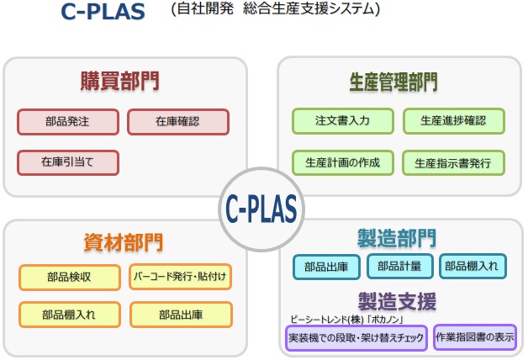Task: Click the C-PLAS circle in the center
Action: [x=261, y=209]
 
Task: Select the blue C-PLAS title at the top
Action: [x=103, y=12]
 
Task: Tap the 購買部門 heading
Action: [x=120, y=81]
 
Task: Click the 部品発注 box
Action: [x=68, y=122]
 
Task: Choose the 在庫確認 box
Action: [x=178, y=122]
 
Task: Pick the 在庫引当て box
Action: [x=68, y=162]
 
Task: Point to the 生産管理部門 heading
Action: [x=393, y=82]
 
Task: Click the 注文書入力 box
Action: [x=343, y=121]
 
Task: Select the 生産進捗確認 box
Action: [x=453, y=121]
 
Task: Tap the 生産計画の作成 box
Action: [x=343, y=163]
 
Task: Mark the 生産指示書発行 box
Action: [x=453, y=163]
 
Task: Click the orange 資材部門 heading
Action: [x=124, y=242]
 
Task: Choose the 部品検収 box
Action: [x=70, y=278]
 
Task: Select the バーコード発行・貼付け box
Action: [x=180, y=277]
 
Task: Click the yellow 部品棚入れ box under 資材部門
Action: [x=70, y=315]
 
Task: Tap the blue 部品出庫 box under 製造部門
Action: [x=326, y=267]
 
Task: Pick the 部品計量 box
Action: [x=399, y=267]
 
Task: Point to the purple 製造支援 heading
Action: [x=398, y=301]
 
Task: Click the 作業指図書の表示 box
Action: [x=475, y=337]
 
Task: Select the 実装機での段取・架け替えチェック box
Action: [x=356, y=338]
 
